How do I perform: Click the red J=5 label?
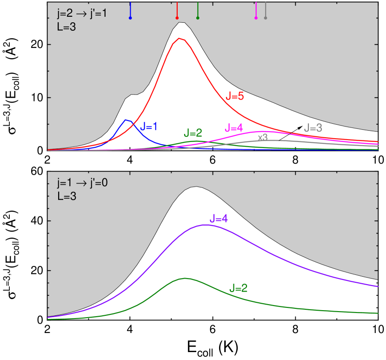235,96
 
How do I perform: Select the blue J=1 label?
149,126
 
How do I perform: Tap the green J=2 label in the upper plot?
193,133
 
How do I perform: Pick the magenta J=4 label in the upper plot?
233,127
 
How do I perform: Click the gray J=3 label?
313,128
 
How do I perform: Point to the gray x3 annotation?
263,137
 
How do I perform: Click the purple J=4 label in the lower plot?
219,218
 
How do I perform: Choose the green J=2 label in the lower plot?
239,288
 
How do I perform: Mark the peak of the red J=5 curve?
180,38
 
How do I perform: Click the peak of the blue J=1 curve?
126,120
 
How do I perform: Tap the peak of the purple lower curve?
205,225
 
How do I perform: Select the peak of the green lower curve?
185,278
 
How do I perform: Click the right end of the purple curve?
378,287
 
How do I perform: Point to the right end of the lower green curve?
378,313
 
